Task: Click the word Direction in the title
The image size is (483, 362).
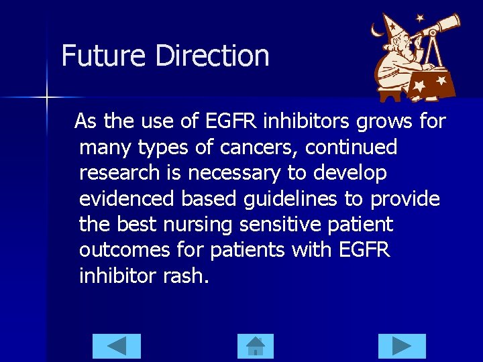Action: (x=212, y=56)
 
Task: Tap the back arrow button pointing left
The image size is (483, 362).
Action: (x=116, y=346)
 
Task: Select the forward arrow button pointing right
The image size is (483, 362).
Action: (x=402, y=346)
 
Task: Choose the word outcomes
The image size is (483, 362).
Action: (x=127, y=250)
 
